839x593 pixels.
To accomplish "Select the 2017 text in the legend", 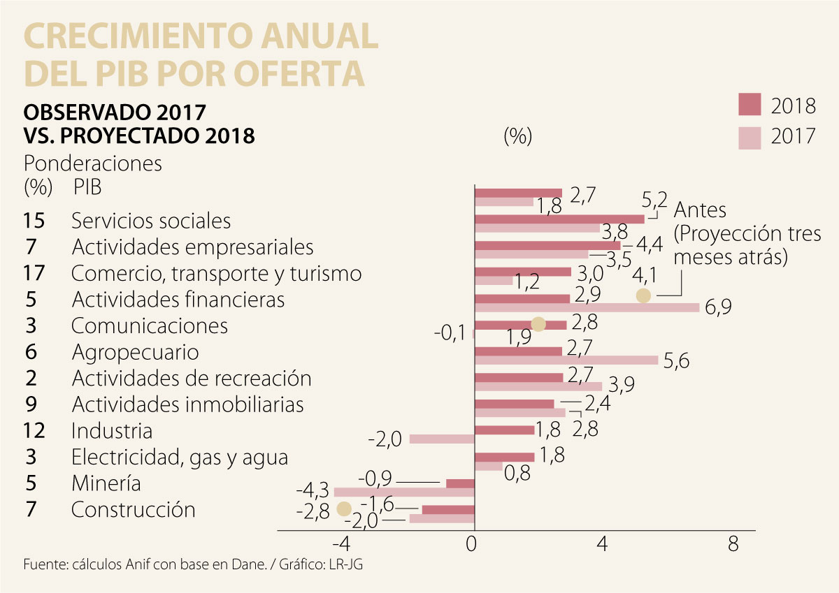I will point(794,136).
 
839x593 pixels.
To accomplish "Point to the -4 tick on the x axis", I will point(341,544).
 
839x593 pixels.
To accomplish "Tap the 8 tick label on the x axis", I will point(733,544).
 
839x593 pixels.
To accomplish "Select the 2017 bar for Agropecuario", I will point(566,360).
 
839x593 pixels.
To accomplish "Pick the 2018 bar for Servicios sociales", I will point(559,219).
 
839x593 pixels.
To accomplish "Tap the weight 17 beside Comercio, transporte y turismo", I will point(34,273).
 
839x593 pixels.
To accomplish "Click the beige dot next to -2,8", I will point(343,509).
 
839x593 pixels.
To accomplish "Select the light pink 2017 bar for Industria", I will point(442,439).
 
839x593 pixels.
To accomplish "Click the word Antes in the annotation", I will point(700,210).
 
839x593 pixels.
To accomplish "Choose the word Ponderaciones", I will point(93,163).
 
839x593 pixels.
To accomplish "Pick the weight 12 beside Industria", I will point(34,430).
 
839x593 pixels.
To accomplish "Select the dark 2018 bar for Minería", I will point(460,483).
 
